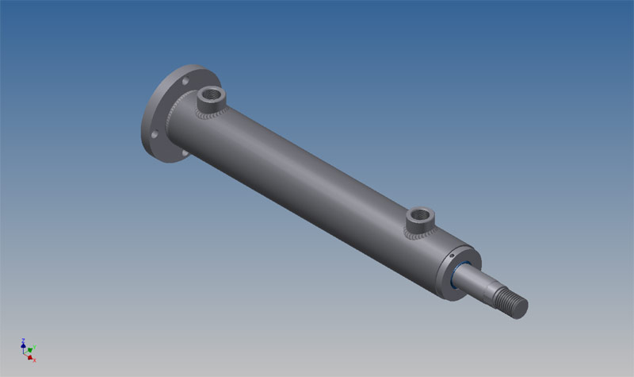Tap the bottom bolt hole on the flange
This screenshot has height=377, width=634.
[180, 151]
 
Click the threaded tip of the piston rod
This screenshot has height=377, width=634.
[511, 302]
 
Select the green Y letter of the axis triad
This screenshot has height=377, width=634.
[35, 347]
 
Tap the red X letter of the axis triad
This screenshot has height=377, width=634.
[34, 360]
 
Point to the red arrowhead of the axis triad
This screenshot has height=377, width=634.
[30, 357]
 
